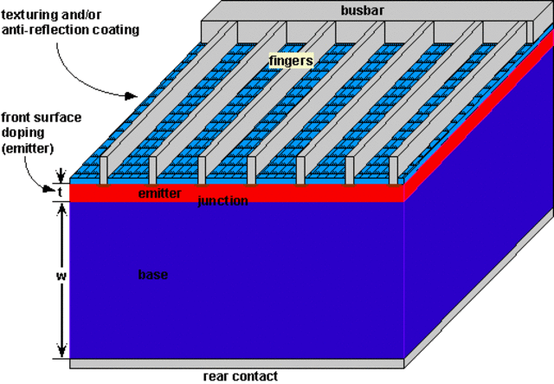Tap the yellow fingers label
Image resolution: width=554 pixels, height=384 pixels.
tap(290, 62)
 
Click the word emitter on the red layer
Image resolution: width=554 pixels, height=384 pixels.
tap(160, 193)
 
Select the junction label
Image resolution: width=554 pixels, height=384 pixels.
tap(223, 201)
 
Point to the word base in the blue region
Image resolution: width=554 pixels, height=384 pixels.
tap(152, 275)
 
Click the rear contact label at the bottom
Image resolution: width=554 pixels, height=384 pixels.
tap(241, 376)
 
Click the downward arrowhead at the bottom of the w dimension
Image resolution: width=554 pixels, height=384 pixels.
tap(61, 353)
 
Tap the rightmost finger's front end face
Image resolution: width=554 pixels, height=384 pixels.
tap(399, 171)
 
